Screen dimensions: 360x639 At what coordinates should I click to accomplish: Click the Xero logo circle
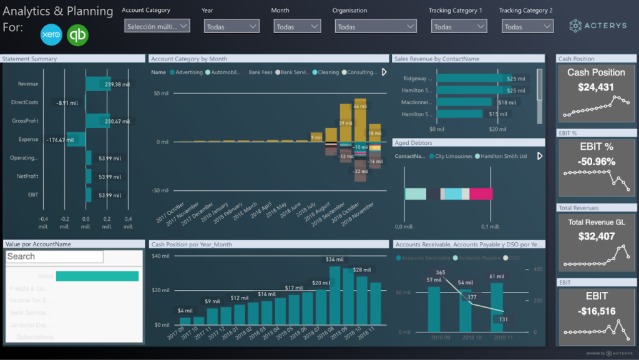(51, 35)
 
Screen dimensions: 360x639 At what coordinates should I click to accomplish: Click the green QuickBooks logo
(78, 35)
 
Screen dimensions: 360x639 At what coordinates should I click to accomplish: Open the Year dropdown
(232, 27)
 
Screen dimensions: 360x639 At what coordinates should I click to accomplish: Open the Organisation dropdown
(375, 27)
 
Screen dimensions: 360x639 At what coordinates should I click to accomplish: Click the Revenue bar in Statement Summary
(98, 84)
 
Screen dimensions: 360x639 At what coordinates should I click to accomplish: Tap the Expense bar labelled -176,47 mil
(76, 140)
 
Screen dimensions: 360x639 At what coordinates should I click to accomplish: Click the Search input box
(54, 256)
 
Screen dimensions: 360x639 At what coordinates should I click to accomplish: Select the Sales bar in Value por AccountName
(97, 276)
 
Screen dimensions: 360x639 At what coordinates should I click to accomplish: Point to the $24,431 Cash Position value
(596, 87)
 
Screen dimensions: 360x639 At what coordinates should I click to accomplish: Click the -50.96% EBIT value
(596, 162)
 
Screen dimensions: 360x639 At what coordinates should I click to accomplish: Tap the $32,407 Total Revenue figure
(596, 236)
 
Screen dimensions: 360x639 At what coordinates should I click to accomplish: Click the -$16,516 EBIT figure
(596, 311)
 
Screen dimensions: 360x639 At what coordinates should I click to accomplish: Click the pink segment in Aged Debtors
(480, 194)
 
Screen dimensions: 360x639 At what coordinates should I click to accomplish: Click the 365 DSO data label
(441, 273)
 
